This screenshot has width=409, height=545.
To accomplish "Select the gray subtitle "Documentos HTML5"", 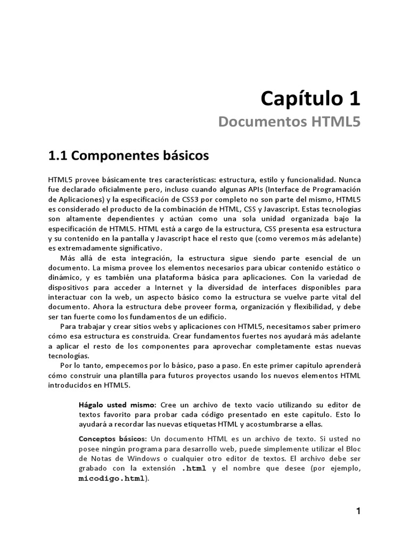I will click(x=290, y=122).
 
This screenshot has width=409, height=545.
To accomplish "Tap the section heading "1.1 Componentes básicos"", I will click(x=128, y=156).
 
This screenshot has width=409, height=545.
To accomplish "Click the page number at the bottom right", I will click(x=358, y=511).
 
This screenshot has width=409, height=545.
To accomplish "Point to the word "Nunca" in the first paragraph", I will click(x=349, y=180).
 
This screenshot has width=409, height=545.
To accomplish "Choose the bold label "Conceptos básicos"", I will click(x=112, y=439).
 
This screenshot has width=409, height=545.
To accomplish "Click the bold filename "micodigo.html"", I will click(x=111, y=478).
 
